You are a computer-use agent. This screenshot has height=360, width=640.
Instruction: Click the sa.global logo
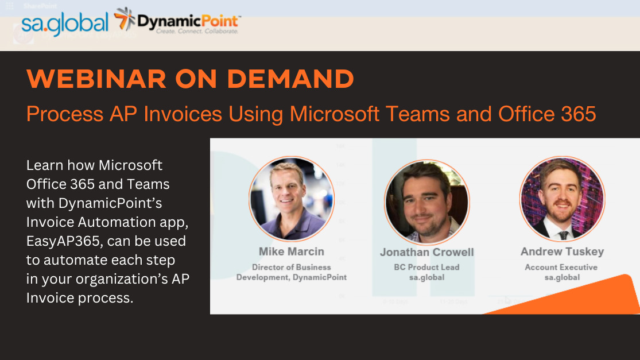[x=65, y=24]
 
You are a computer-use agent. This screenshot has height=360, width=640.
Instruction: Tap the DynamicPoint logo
[x=177, y=21]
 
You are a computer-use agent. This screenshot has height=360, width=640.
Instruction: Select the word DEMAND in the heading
[x=290, y=79]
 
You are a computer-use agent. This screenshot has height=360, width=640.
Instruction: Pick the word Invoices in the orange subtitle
[x=183, y=114]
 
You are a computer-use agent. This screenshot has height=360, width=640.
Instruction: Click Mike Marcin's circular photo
[x=292, y=199]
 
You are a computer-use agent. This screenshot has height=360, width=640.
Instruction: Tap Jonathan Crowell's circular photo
[x=427, y=202]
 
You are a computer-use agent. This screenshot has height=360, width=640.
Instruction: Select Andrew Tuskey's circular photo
[x=562, y=199]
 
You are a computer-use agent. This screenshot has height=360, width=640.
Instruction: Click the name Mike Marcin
[x=292, y=251]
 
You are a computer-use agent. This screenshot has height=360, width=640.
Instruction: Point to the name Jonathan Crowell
[x=427, y=252]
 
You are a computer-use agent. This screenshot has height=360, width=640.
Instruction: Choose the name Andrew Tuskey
[x=562, y=251]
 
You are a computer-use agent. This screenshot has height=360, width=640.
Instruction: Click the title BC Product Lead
[x=426, y=268]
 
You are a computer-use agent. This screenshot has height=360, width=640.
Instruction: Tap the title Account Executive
[x=561, y=268]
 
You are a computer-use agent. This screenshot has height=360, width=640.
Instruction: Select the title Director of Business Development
[x=292, y=272]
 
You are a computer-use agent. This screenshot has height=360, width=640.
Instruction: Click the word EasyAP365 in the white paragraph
[x=63, y=241]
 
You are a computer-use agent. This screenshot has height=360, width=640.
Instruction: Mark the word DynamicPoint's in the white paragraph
[x=110, y=203]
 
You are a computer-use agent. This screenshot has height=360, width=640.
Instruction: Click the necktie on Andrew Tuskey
[x=563, y=235]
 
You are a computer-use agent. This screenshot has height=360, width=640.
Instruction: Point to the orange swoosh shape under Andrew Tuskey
[x=580, y=298]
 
